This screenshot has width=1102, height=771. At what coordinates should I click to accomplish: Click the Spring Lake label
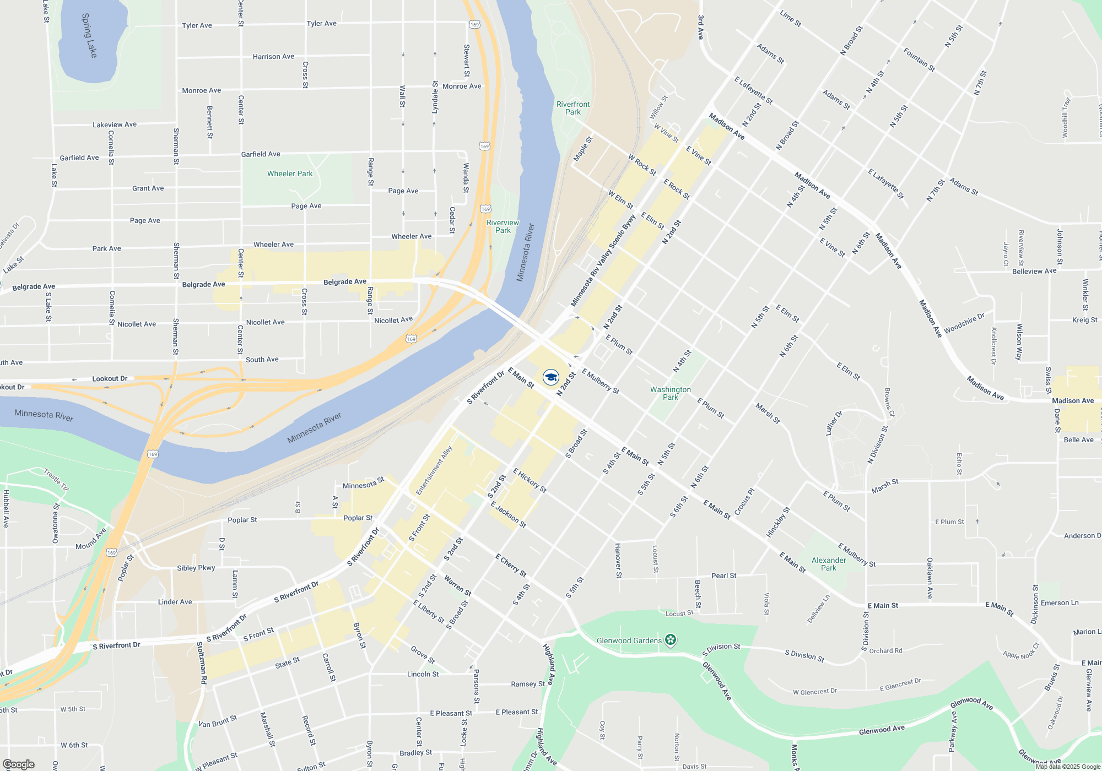tap(89, 36)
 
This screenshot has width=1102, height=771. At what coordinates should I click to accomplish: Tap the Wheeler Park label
tap(290, 173)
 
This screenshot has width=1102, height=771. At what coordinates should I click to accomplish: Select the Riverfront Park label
tap(573, 108)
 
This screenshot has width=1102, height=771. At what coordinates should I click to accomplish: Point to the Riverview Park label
tap(503, 226)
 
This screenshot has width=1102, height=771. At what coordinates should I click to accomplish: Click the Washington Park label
tap(670, 393)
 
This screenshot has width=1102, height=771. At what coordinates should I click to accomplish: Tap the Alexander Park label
tap(829, 564)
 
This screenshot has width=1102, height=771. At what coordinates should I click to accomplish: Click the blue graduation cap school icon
tap(551, 377)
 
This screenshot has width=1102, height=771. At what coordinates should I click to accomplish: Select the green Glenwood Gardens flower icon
tap(671, 640)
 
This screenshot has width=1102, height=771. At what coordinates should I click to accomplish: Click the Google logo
tap(19, 764)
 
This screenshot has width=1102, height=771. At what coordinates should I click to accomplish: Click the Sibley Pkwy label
tap(196, 568)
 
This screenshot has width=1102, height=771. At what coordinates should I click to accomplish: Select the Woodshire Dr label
tap(964, 324)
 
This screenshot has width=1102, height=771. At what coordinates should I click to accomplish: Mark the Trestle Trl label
tap(56, 479)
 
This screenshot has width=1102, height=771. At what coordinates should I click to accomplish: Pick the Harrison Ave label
tap(273, 57)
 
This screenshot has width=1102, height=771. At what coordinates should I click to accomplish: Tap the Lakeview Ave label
tap(115, 124)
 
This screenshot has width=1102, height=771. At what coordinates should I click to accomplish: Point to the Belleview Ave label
tap(1034, 271)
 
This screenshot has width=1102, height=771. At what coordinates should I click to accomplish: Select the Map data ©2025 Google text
tap(1068, 767)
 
